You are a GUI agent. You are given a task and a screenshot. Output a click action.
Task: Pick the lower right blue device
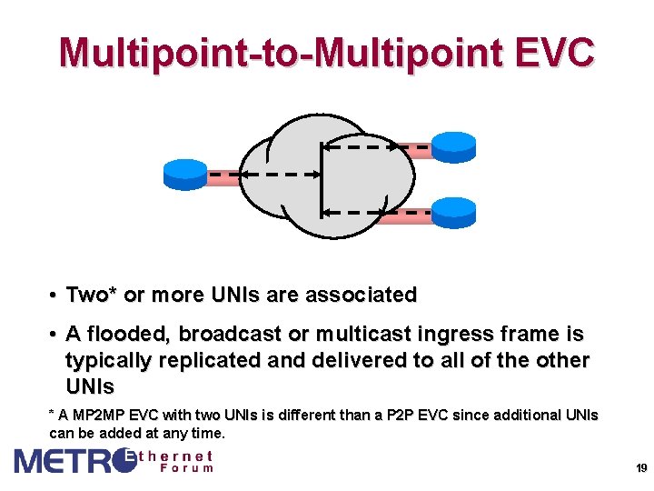click(x=453, y=210)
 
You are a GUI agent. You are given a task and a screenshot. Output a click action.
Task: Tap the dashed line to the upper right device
click(x=381, y=145)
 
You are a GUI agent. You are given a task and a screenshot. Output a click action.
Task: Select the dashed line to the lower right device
click(x=381, y=212)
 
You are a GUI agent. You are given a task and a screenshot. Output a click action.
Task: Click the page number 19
click(x=640, y=468)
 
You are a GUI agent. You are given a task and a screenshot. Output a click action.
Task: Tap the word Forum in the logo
click(x=186, y=467)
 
